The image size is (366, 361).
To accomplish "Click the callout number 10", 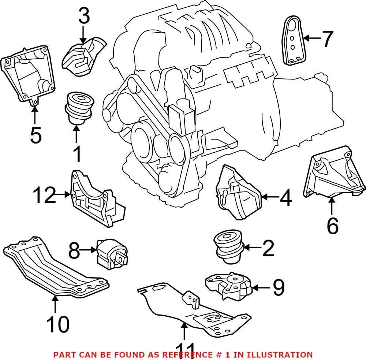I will (58, 324).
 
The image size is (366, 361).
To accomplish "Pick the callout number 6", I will (332, 226).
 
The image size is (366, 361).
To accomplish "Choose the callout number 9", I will (278, 288).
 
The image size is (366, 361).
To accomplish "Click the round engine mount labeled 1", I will (79, 106).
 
